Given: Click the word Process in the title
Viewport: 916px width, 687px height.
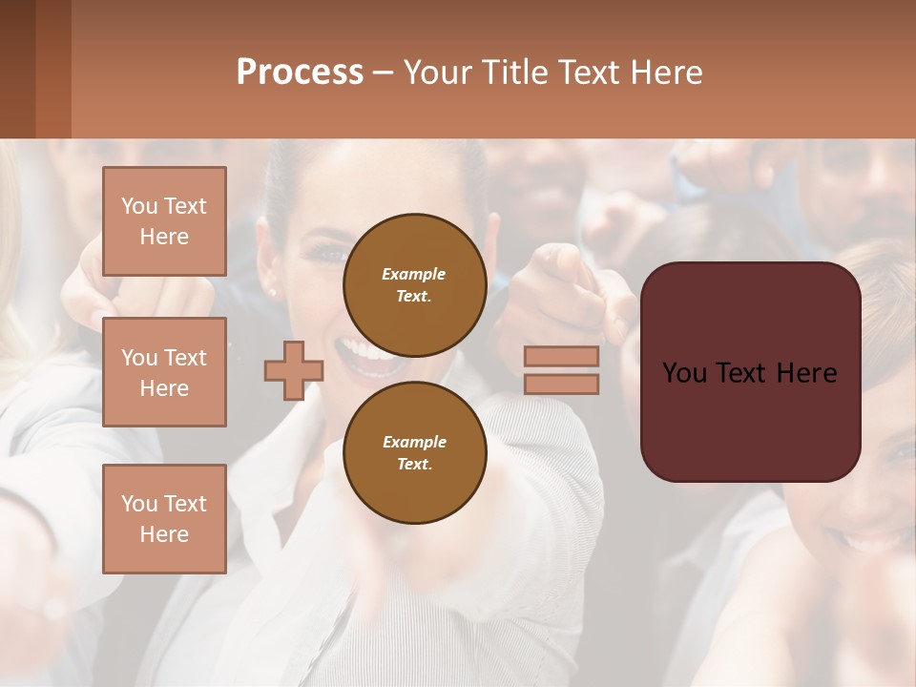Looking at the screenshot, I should tap(299, 72).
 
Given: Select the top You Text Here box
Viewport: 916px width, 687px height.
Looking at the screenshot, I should tap(164, 221).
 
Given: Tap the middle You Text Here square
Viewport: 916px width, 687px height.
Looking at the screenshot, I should tap(164, 372).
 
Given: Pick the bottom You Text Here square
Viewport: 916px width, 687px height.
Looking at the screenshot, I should tap(164, 518).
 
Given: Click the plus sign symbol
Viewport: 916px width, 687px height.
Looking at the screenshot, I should tap(293, 370).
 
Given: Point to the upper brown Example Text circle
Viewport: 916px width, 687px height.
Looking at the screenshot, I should tap(414, 284).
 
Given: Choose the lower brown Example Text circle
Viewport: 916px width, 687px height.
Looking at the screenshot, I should tap(414, 452).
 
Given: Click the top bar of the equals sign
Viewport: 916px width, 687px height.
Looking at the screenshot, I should tap(561, 356).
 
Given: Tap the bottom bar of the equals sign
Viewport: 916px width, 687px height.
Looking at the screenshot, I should tap(561, 384).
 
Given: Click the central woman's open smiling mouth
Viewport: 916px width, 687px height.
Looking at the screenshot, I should tap(367, 355).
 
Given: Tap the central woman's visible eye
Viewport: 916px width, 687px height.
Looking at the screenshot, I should tap(329, 256).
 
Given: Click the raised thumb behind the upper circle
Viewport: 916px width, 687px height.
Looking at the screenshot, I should tap(492, 234).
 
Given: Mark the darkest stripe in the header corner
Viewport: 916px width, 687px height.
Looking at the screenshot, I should tap(17, 69).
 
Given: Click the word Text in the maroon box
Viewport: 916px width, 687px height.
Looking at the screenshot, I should tap(752, 373).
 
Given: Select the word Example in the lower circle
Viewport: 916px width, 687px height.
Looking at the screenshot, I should tap(414, 442).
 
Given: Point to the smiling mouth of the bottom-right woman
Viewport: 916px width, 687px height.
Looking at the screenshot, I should tap(868, 544).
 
